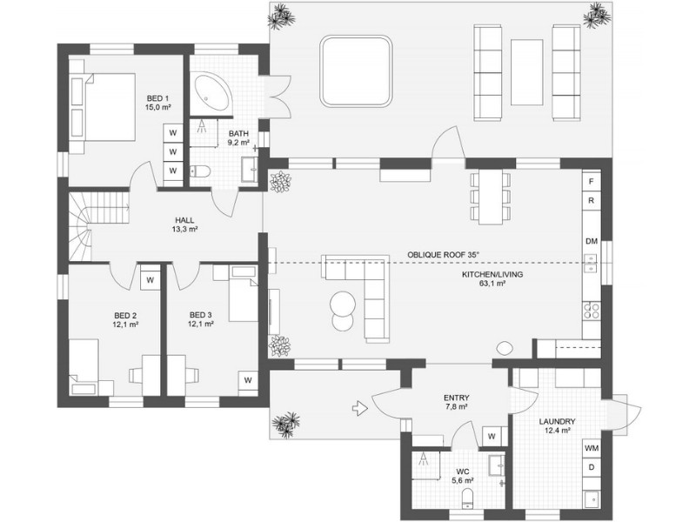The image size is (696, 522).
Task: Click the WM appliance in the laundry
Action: (x=592, y=448)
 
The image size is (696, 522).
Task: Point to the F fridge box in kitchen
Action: (x=592, y=181)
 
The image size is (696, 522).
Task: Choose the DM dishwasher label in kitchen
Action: (x=592, y=240)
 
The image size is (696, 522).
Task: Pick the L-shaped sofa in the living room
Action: (x=365, y=291)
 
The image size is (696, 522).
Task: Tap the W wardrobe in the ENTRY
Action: (x=492, y=436)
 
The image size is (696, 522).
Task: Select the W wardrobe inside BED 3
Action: (x=248, y=380)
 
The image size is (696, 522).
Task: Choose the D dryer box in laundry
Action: (x=592, y=468)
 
